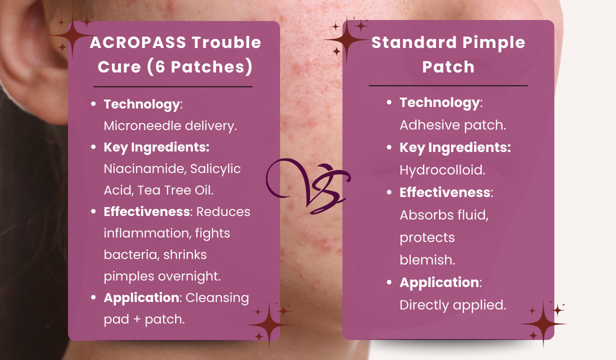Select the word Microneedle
(x=142, y=125)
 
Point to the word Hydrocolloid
(x=442, y=169)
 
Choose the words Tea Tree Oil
(x=175, y=190)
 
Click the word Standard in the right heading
(x=414, y=42)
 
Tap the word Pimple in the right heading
(x=494, y=43)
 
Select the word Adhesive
(x=429, y=125)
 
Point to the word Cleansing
(x=217, y=298)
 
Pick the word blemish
(x=427, y=260)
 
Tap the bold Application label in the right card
(x=439, y=282)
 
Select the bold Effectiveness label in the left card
(x=147, y=212)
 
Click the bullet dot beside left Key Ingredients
(x=93, y=147)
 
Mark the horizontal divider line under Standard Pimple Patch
(x=448, y=86)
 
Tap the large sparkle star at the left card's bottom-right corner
(x=269, y=324)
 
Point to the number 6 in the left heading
(x=160, y=67)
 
